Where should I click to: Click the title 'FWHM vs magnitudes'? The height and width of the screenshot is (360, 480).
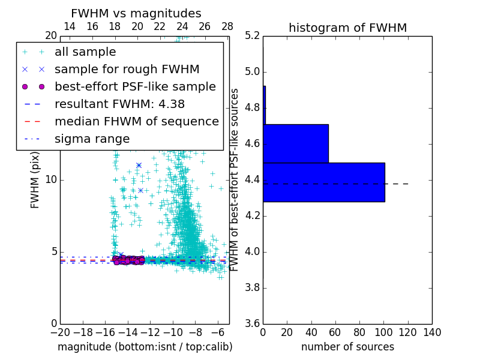136,13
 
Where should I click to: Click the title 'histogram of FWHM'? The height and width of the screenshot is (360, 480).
347,28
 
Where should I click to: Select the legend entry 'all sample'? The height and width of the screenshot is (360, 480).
85,52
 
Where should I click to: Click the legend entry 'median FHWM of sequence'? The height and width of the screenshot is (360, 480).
136,121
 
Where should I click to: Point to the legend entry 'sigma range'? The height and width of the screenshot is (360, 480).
92,139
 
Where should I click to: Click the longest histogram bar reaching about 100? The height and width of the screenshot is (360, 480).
323,182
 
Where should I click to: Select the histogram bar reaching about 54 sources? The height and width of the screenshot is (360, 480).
296,143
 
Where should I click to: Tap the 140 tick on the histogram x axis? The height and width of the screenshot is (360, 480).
432,332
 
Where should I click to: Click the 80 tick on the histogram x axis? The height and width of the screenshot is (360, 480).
359,332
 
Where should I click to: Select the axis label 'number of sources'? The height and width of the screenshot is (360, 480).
347,347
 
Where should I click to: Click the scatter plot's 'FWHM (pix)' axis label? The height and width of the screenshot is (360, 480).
35,180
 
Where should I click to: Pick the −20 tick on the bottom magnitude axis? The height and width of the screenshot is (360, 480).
60,332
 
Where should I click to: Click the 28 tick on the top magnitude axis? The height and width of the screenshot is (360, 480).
227,26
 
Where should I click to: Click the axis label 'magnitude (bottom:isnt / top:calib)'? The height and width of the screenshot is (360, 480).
145,347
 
